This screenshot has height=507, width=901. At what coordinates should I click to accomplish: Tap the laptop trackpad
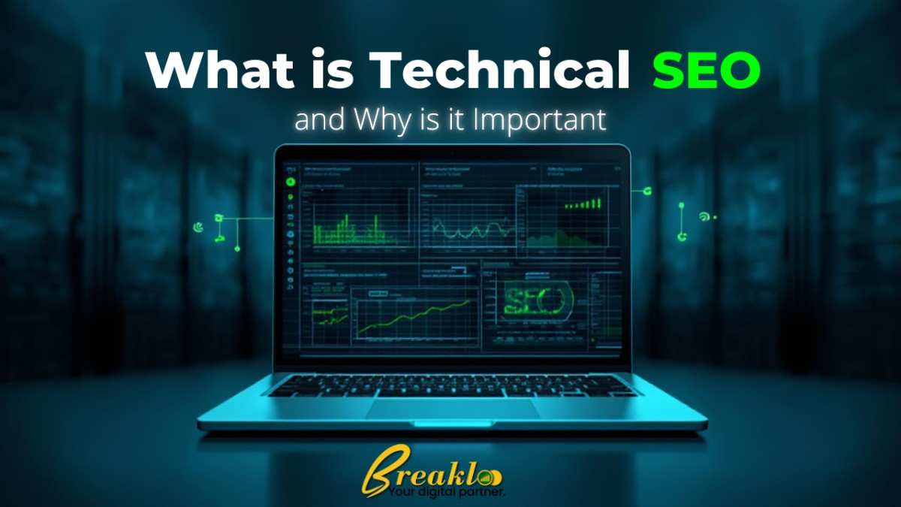[453, 409]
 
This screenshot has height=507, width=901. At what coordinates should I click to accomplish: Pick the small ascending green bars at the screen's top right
[584, 204]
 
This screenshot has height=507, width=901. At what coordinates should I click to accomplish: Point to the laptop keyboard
[453, 385]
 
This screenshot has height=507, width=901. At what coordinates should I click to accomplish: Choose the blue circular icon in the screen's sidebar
[291, 234]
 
